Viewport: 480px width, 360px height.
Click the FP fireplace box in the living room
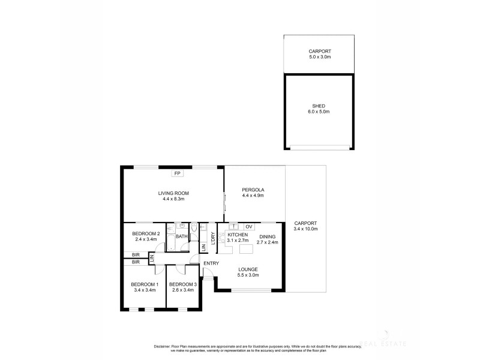(x=177, y=174)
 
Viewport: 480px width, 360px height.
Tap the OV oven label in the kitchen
(x=249, y=226)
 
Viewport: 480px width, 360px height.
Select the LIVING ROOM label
(x=174, y=193)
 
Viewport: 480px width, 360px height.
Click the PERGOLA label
(x=253, y=190)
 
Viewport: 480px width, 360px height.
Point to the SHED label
(x=319, y=106)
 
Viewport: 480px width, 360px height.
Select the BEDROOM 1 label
(x=143, y=284)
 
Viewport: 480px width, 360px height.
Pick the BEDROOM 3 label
(x=183, y=284)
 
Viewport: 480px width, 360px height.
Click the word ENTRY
(x=211, y=263)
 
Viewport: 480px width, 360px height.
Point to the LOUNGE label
(x=248, y=269)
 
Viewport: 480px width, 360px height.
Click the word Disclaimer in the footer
(x=163, y=346)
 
